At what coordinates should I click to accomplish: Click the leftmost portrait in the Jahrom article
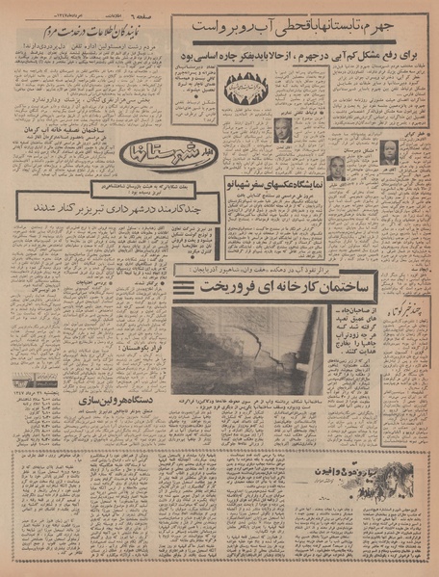pos(284,132)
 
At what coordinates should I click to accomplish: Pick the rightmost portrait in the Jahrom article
pos(390,152)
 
